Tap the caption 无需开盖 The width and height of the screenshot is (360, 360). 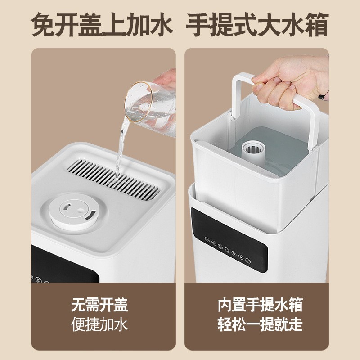[x=99, y=305]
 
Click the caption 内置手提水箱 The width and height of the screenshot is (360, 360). [x=260, y=305]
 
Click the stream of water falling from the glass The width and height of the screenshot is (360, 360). [x=120, y=148]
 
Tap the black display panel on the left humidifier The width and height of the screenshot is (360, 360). [x=63, y=265]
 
